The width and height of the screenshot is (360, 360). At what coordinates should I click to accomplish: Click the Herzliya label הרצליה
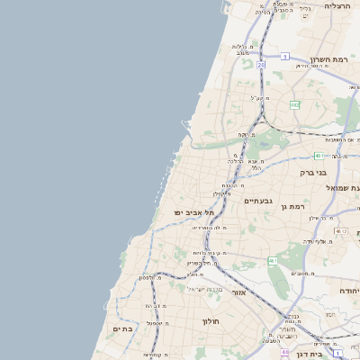[337, 5]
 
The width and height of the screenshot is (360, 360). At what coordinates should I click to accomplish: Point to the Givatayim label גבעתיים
[258, 201]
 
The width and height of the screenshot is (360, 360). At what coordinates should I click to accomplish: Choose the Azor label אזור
[238, 292]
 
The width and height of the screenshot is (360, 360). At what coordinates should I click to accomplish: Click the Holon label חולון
[211, 320]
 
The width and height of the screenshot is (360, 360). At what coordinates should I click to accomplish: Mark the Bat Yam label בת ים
[122, 329]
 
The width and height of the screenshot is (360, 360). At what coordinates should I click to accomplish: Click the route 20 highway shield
[261, 65]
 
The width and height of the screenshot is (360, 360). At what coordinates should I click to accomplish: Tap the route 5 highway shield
[284, 56]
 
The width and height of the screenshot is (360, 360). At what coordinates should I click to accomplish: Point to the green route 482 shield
[294, 105]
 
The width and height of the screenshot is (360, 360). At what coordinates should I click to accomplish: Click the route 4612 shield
[341, 231]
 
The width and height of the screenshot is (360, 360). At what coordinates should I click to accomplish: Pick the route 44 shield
[284, 352]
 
